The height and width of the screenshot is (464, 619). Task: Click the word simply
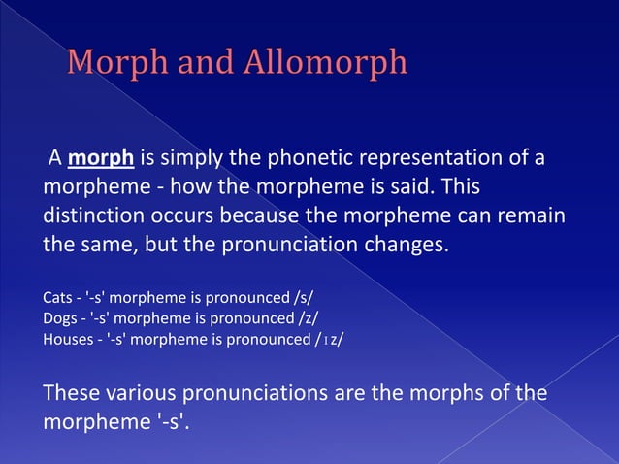195,158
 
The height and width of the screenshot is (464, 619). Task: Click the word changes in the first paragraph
404,243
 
